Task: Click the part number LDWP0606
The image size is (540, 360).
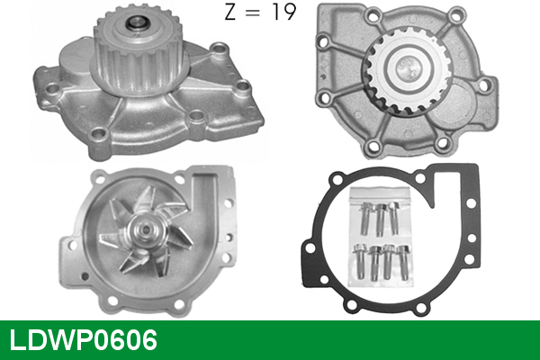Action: coord(84,340)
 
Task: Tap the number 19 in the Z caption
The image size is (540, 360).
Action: coord(283,12)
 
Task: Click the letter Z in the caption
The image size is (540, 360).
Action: coord(230,12)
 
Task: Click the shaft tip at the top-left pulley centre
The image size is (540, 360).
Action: coord(138,24)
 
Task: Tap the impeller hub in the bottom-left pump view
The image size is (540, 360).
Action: coord(145,230)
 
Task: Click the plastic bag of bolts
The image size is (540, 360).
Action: coord(381,237)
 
